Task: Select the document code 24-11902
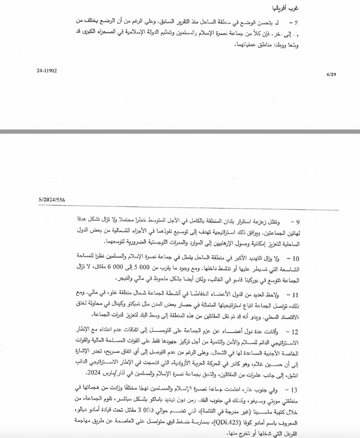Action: pos(46,71)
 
